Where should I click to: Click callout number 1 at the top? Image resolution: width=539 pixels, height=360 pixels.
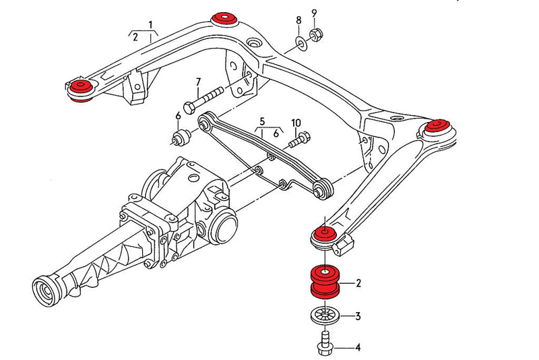pyautogui.click(x=152, y=25)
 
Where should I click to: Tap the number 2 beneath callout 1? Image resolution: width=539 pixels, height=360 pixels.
pyautogui.click(x=135, y=37)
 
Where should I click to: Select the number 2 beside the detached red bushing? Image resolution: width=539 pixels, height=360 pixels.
pyautogui.click(x=359, y=283)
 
